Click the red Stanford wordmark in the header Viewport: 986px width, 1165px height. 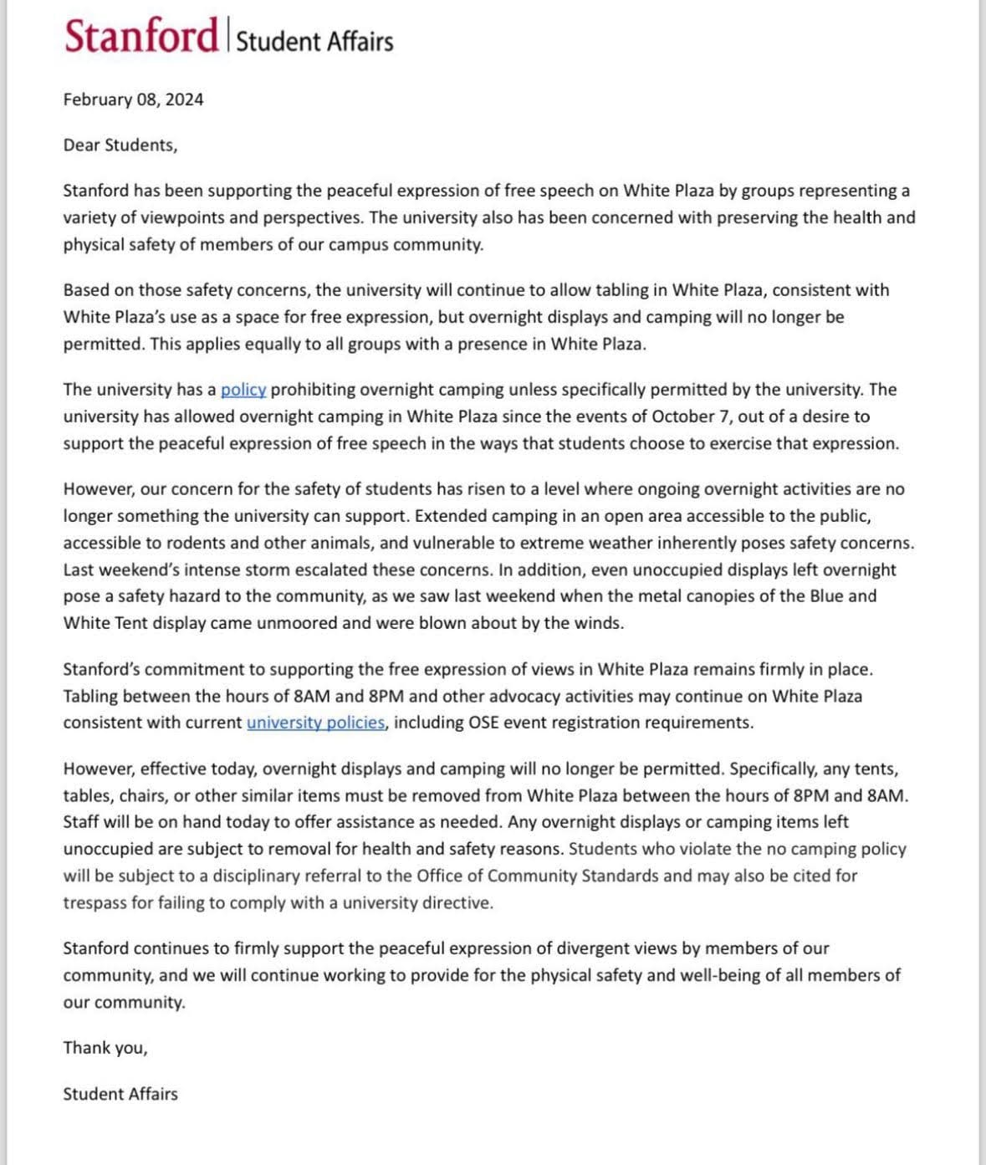coord(140,37)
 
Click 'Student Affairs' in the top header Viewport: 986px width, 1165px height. coord(314,41)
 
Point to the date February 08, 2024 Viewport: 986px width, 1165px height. coord(133,100)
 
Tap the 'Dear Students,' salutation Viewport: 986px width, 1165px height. coord(120,146)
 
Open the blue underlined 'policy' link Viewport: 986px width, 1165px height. coord(243,390)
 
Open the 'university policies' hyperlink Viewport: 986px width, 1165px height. coord(316,723)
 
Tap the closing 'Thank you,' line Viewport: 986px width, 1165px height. coord(105,1048)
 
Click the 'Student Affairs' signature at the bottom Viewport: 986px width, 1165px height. coord(120,1094)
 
